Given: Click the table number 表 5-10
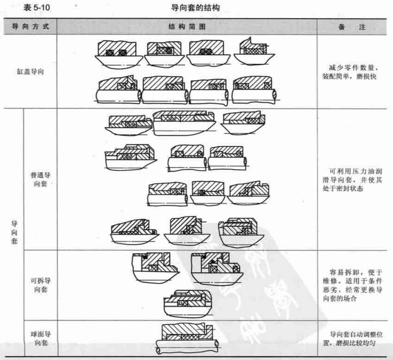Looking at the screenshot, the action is pos(37,7).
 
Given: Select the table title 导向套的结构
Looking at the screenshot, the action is pos(195,8).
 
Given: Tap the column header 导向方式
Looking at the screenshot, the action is pos(30,26).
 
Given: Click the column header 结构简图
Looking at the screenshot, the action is pos(187,26).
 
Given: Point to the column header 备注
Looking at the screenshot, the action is pos(352,27).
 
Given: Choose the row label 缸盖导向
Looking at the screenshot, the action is pos(30,72).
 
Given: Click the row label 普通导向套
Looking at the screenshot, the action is pos(40,179).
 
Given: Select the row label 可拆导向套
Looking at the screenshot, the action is pos(41,285).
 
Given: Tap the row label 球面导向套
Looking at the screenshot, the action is pos(41,339).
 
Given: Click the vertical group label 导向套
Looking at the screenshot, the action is pos(14,232).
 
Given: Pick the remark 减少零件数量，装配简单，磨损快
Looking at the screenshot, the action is pos(350,72).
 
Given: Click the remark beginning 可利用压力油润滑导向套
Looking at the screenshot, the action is pos(352,180).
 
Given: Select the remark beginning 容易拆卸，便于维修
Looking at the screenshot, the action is pos(353,285).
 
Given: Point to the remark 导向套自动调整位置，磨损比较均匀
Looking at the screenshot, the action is pos(353,339).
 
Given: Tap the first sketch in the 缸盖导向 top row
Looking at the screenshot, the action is pos(118,54).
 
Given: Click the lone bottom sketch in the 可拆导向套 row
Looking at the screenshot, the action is pos(188,304).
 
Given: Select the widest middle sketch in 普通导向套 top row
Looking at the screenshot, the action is pos(184,123).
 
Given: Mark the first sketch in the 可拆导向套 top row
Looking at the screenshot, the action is pos(156,268).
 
